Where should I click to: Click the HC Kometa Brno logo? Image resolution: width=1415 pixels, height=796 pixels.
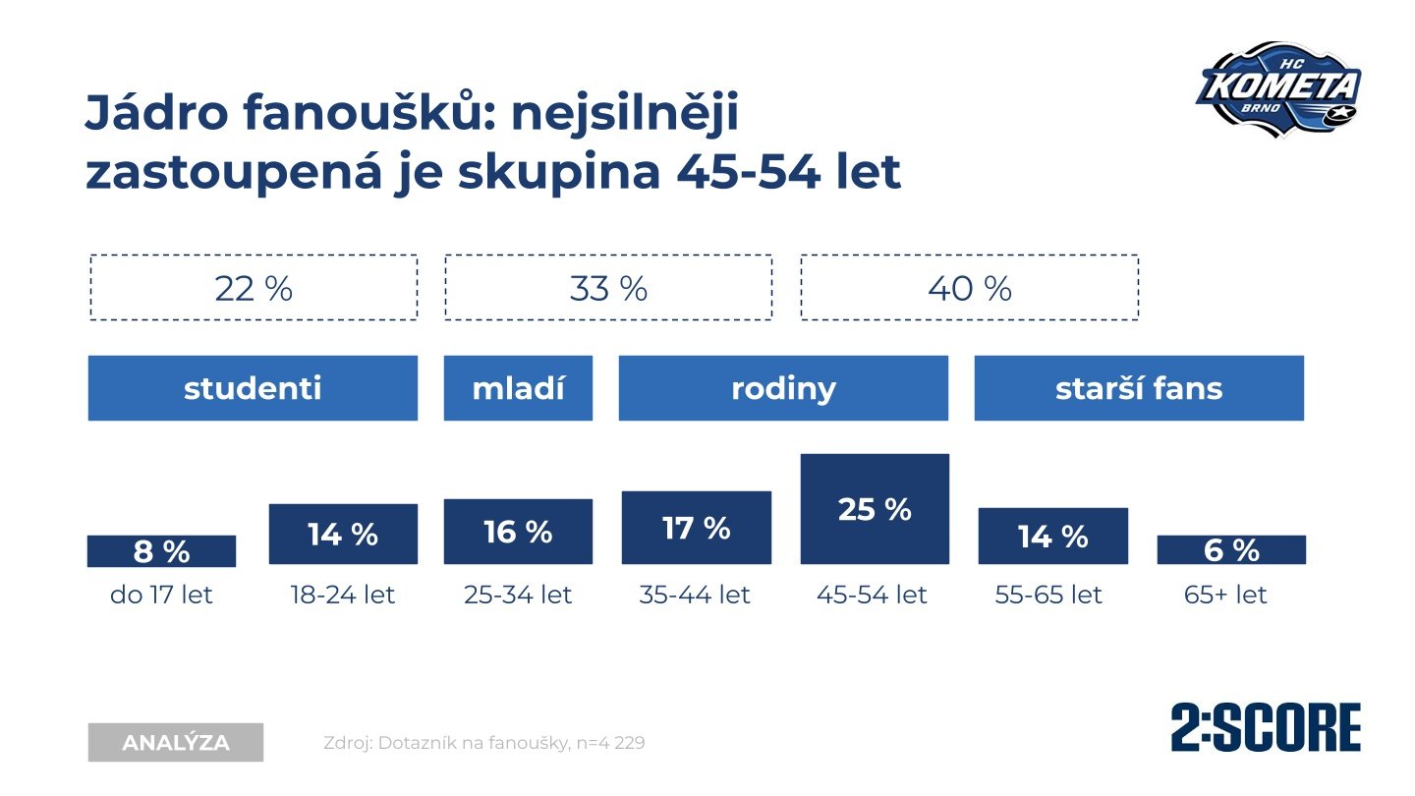[1278, 88]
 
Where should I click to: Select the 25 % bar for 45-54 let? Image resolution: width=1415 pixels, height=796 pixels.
[875, 509]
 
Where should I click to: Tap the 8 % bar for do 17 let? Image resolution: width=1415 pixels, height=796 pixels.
[161, 551]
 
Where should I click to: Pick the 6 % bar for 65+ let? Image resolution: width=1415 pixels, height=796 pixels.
[1231, 550]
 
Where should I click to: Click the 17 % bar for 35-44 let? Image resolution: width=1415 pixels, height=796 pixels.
[696, 528]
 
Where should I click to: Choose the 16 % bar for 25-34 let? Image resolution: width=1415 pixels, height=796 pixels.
[518, 532]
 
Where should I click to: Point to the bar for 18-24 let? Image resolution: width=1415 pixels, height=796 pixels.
[343, 535]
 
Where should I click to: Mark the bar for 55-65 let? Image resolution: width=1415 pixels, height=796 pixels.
[1052, 537]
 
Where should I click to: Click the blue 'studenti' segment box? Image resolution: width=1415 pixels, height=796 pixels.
[253, 388]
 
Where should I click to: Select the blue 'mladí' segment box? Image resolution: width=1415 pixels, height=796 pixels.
[518, 388]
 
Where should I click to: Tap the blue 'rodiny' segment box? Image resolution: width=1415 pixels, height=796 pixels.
[783, 388]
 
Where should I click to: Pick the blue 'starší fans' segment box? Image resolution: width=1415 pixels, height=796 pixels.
[1139, 388]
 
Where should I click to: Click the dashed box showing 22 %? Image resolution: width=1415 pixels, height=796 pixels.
[254, 288]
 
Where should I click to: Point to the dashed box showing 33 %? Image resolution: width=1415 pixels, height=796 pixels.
[608, 288]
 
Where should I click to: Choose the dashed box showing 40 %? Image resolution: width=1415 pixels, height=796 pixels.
[969, 288]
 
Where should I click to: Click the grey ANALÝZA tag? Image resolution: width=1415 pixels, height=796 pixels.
[176, 743]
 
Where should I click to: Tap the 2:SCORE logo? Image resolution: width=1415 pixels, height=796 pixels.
[1266, 728]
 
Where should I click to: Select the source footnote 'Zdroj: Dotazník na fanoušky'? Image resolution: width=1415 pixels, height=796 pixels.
[483, 743]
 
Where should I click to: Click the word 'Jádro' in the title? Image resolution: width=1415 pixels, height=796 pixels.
[150, 113]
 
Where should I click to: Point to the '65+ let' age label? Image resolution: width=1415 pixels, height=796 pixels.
[1226, 595]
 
